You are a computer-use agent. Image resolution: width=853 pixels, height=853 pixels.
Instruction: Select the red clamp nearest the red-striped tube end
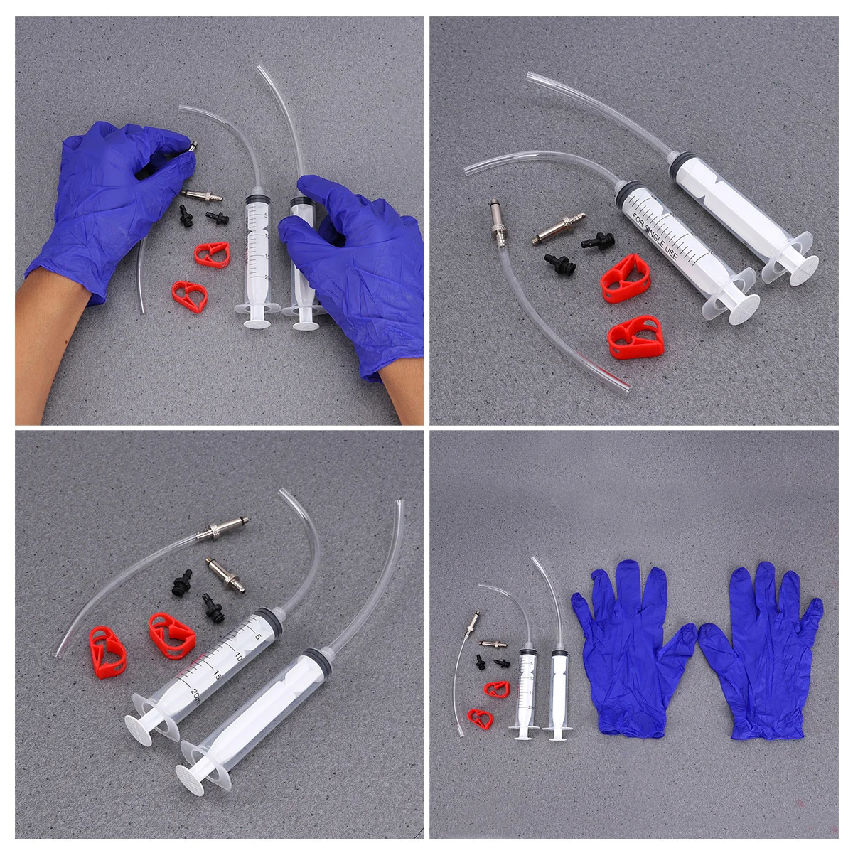(635, 337)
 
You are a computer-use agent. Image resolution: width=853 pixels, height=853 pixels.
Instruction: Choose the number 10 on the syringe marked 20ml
(238, 655)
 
